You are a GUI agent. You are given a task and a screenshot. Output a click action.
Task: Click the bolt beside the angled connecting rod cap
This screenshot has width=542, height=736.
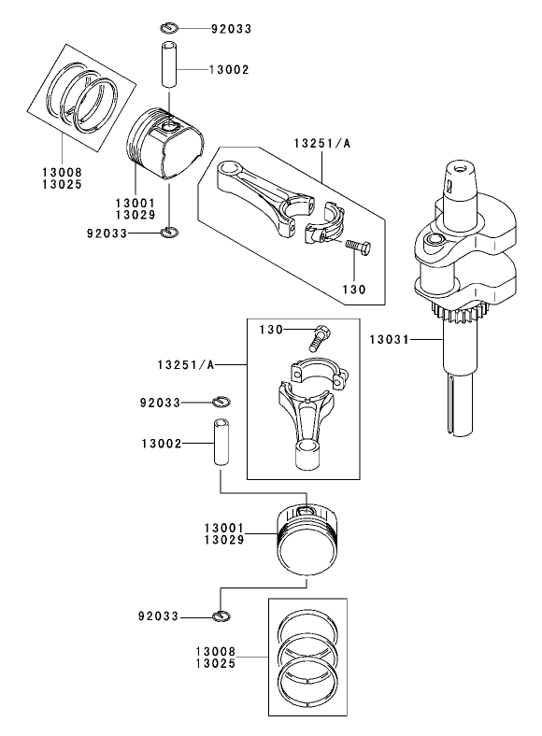coord(357,248)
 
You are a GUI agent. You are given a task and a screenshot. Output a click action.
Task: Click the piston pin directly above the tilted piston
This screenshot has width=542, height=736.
coord(169,69)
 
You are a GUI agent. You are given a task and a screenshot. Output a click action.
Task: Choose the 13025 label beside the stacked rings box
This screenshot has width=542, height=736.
coord(215,663)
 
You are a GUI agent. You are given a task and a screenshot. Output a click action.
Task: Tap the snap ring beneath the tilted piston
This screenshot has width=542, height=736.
coord(169,232)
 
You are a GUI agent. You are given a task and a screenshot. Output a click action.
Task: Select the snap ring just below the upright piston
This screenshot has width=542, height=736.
coord(221,615)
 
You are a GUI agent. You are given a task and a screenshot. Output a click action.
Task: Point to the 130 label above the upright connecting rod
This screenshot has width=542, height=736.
coord(270,330)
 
